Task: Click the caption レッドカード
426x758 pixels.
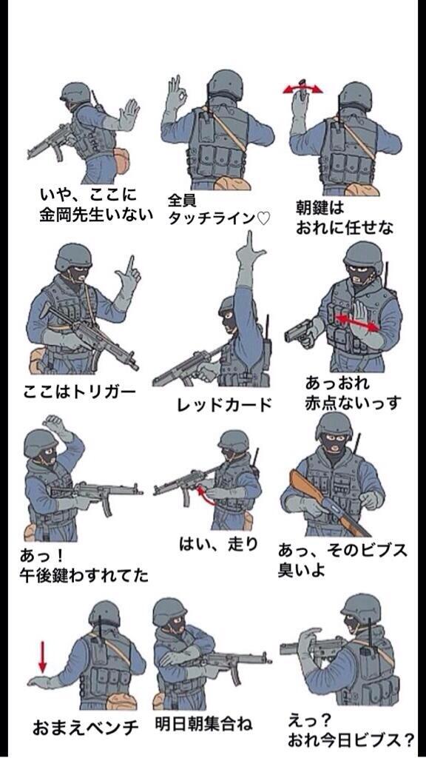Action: [x=224, y=405]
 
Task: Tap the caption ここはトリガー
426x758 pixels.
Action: [x=81, y=391]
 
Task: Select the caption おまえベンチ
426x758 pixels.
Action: [x=84, y=728]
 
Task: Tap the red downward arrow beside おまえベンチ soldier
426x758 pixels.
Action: [x=42, y=657]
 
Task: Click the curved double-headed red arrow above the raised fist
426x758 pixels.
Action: [x=303, y=88]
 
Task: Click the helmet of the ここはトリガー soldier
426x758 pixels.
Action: [x=73, y=257]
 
